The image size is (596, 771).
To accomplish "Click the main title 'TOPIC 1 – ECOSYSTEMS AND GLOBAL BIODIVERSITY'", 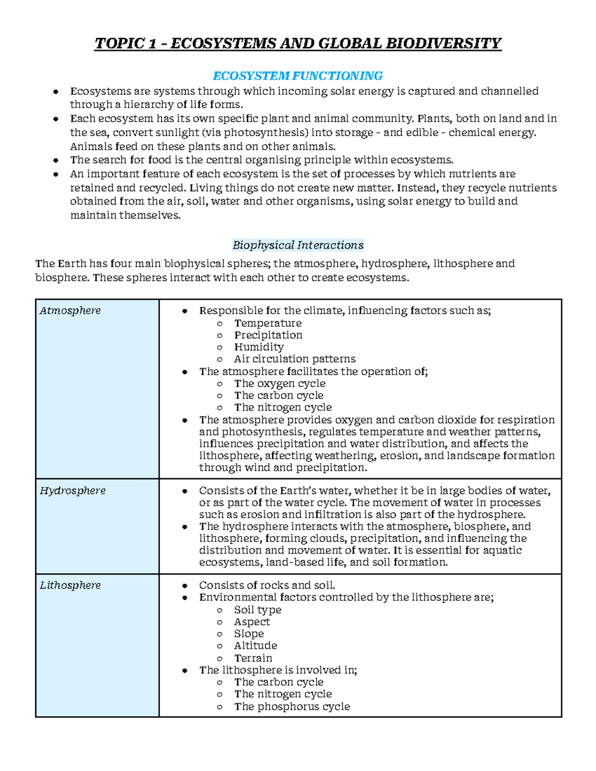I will coord(298,44).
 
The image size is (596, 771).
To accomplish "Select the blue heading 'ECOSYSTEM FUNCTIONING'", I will coord(298,76).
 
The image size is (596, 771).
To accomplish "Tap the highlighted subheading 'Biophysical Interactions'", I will coord(298,245).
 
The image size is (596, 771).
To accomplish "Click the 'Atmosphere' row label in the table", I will coord(70,311).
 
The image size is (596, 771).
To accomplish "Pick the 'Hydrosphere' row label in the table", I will coord(73,491).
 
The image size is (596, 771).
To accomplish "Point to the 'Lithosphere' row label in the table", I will coord(70,586).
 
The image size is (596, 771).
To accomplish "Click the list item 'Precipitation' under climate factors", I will coord(268,335).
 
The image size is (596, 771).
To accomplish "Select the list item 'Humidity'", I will coord(259,347).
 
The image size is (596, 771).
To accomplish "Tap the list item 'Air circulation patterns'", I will coord(295,359).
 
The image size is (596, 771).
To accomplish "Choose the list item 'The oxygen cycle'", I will coord(280,384).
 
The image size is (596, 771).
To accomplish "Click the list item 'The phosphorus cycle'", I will coord(292,706).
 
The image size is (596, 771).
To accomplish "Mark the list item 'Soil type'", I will coord(257,610).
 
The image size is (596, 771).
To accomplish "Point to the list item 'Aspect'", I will coord(252,622).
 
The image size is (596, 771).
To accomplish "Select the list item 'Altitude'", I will coord(255,646).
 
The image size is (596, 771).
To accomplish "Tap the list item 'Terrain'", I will coord(253,658).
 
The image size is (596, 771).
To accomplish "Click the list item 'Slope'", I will coord(249,634).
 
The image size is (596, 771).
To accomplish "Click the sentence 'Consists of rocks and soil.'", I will coord(267,586).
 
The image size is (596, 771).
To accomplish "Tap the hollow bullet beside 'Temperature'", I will coord(220,324).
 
